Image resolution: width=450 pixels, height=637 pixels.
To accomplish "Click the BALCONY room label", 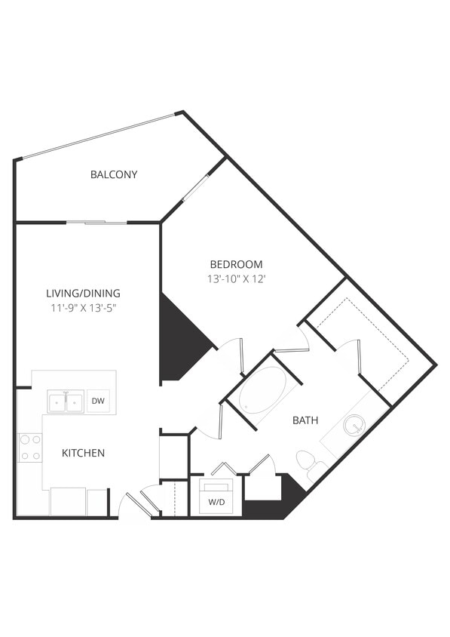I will pyautogui.click(x=114, y=174).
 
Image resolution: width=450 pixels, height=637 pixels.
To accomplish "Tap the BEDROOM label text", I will pyautogui.click(x=236, y=264).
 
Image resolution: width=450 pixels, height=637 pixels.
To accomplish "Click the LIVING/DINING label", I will pyautogui.click(x=83, y=293).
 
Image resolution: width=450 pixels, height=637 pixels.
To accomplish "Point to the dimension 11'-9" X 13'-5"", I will pyautogui.click(x=83, y=307).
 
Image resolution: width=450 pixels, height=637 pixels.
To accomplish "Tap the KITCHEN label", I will pyautogui.click(x=83, y=453).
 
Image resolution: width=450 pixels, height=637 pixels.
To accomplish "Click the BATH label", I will pyautogui.click(x=305, y=420).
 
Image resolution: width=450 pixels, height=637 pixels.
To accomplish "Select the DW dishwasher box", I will pyautogui.click(x=98, y=401).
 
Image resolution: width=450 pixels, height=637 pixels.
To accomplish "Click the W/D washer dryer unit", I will pyautogui.click(x=215, y=501).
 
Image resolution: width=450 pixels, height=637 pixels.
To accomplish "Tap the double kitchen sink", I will pyautogui.click(x=66, y=402).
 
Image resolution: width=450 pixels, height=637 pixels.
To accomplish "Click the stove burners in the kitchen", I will pyautogui.click(x=31, y=447).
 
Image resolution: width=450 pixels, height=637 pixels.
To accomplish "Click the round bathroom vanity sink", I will pyautogui.click(x=354, y=425).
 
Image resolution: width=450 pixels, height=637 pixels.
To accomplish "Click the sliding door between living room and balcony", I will pyautogui.click(x=96, y=222).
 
